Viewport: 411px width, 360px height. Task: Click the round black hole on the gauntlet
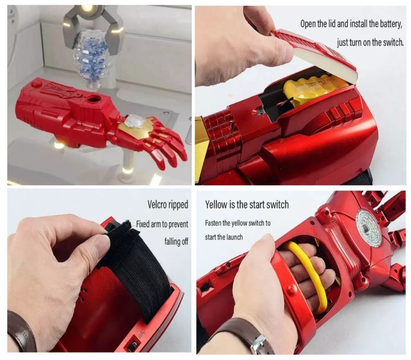[92, 101]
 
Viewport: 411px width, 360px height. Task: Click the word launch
[232, 237]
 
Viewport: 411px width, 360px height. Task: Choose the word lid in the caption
[339, 24]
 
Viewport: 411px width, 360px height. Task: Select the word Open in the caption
[311, 24]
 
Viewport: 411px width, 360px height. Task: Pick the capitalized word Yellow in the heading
[219, 205]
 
